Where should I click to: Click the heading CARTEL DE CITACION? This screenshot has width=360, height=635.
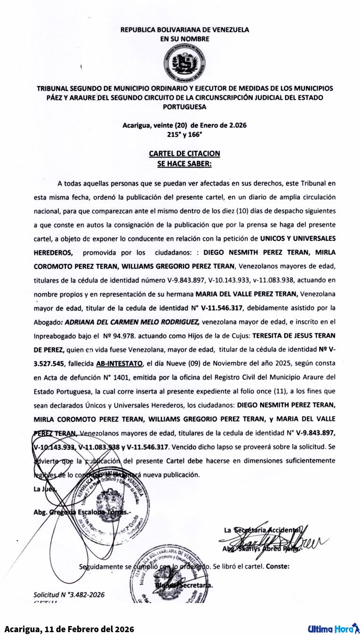click(184, 153)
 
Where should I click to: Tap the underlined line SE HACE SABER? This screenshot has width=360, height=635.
click(184, 164)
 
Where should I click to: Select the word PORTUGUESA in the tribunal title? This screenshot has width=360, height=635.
click(184, 107)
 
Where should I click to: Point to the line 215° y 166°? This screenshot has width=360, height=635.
click(184, 134)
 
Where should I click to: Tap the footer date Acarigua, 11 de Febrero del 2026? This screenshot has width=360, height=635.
click(69, 629)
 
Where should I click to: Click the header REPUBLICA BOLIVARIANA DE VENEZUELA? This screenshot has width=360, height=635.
click(184, 30)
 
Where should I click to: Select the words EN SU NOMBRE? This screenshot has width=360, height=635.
click(184, 39)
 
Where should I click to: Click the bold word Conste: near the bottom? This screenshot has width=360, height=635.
click(278, 566)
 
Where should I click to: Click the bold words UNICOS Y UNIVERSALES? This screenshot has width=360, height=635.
click(297, 238)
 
